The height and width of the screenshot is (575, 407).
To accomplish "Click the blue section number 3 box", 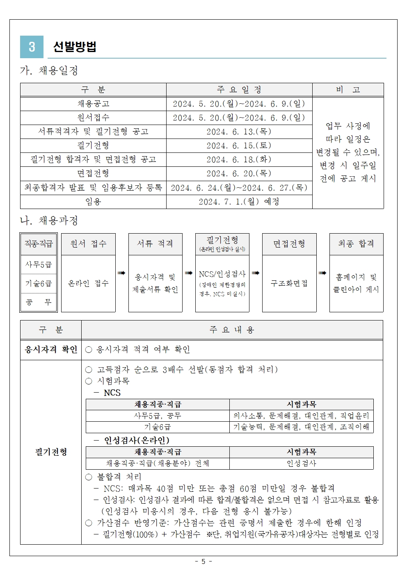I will (32, 47).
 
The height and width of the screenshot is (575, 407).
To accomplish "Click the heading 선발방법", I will (75, 47).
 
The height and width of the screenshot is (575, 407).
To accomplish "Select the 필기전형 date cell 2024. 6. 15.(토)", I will (239, 145).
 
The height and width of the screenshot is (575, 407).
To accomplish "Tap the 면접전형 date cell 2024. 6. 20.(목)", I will (239, 173).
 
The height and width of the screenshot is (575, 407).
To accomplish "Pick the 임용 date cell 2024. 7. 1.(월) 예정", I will (239, 202).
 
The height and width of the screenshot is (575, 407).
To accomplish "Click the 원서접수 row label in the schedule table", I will (93, 118).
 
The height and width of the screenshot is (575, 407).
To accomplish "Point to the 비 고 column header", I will (348, 90).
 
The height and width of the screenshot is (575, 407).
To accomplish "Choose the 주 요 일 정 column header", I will (239, 90).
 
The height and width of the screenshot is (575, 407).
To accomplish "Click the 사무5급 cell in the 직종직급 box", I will (39, 265).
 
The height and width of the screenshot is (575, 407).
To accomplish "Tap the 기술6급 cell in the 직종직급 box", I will (39, 284).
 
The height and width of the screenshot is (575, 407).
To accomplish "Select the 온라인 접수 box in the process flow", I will (88, 283).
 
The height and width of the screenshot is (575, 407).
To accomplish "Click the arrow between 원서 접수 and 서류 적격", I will (121, 273).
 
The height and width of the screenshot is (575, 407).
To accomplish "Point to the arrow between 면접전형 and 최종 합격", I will (322, 273).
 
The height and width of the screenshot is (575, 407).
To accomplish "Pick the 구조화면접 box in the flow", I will (289, 283).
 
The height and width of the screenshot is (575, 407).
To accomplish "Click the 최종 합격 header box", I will (356, 244).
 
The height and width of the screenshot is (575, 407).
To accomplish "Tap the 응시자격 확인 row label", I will (51, 350).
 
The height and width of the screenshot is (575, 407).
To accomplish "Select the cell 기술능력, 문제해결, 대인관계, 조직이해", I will (301, 427).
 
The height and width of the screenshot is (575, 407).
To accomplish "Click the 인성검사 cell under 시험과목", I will (301, 464).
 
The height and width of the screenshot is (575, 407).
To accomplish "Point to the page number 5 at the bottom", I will (203, 561).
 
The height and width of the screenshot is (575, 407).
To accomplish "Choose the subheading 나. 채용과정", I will (49, 221).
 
